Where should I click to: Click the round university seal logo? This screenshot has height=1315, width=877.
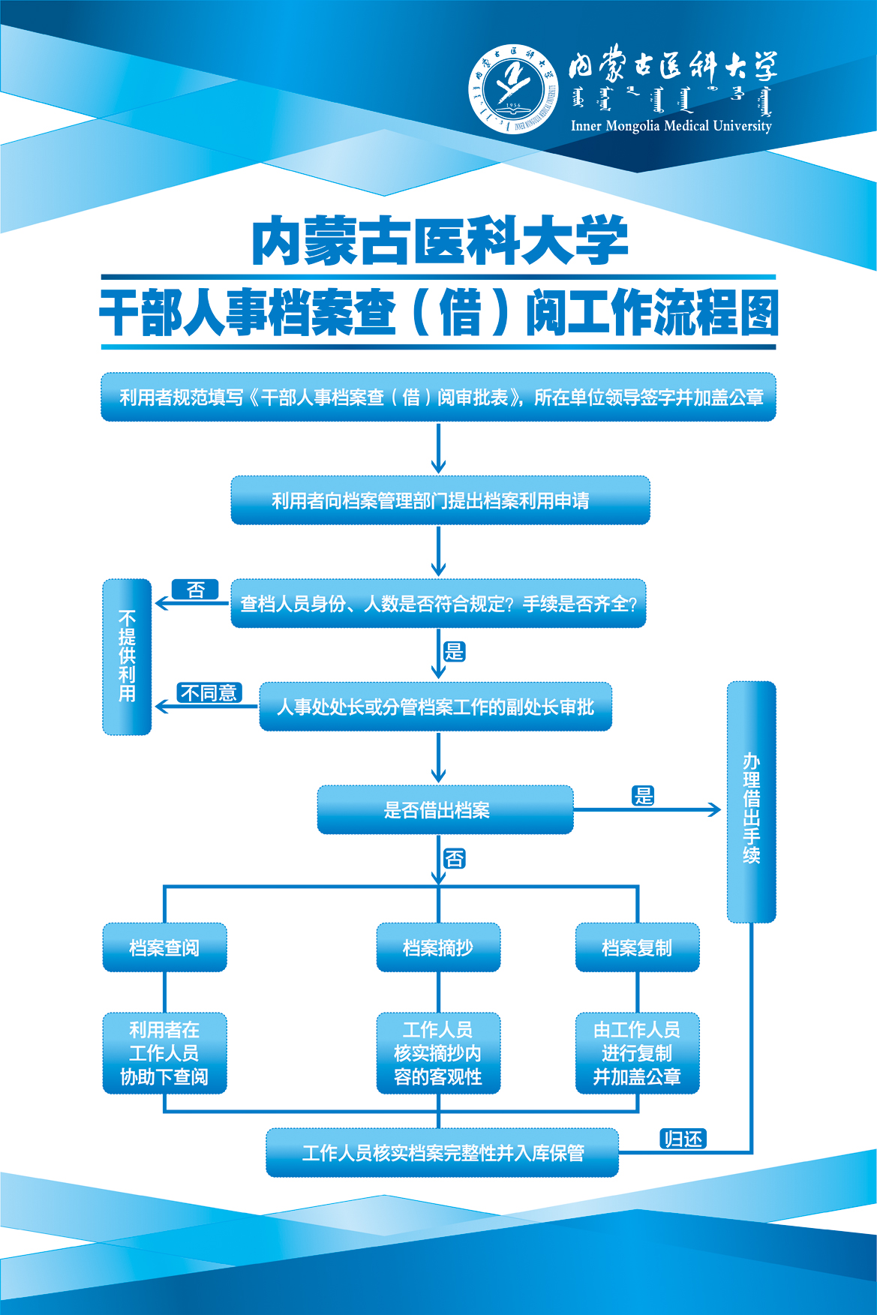point(513,89)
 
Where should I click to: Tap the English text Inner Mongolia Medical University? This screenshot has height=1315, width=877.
point(671,126)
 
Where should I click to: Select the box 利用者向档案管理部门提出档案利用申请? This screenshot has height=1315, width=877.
point(440,500)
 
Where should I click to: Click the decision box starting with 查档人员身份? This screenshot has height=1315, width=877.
point(438,603)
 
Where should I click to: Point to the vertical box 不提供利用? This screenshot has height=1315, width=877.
point(127,656)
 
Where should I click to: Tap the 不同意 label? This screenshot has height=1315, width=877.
point(209,692)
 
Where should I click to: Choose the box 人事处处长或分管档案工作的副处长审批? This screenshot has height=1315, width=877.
point(435,707)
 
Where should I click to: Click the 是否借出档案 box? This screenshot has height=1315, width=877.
point(445,810)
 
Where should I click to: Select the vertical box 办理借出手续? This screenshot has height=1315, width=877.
point(751,802)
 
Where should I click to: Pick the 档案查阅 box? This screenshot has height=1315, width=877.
point(164,947)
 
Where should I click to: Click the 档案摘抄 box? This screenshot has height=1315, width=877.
point(438,947)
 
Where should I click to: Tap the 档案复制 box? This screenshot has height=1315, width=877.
point(637,947)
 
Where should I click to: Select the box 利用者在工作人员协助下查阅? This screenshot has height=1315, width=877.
point(164,1053)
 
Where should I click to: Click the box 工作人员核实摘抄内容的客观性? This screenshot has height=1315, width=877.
point(438,1053)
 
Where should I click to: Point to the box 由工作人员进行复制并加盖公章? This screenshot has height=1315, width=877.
point(637,1053)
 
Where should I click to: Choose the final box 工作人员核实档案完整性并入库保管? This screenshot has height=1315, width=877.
point(443,1153)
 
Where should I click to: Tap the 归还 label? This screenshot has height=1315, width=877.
point(683,1139)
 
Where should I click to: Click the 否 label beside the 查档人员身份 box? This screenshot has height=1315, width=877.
point(195,590)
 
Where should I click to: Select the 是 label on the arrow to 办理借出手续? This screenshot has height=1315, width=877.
point(643,796)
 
